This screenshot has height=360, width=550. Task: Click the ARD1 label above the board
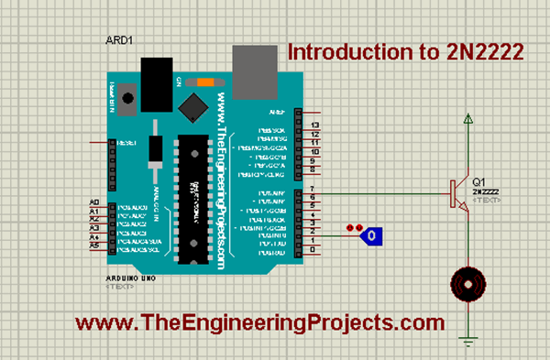point(119,41)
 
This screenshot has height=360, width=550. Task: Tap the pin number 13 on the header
point(314,125)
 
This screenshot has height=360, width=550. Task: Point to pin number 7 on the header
point(314,188)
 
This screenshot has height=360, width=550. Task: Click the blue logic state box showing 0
point(370,236)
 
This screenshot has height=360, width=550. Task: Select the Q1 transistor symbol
point(457,192)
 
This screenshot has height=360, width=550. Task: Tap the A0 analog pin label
point(93,202)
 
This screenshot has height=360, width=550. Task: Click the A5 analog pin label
point(93,245)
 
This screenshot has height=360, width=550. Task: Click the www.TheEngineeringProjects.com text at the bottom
point(259,322)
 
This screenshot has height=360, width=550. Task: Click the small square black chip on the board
point(192,107)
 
